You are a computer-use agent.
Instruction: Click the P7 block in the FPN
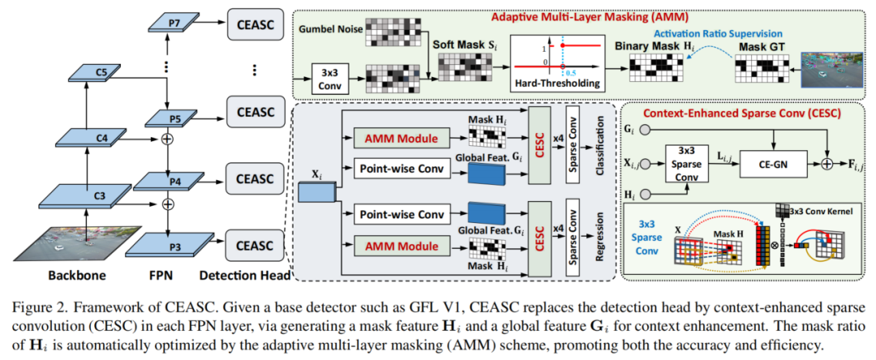[x=174, y=23]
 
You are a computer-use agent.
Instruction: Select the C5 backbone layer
[x=101, y=74]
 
